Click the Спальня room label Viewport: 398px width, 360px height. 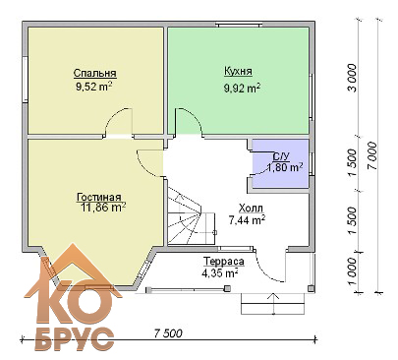[95, 73]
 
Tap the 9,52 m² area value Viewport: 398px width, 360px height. [94, 87]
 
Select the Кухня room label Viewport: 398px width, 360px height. [238, 71]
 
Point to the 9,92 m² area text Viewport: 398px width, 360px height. [243, 88]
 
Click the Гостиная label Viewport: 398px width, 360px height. [99, 197]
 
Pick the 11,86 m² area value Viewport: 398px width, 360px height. [103, 208]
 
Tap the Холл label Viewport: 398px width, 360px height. [251, 208]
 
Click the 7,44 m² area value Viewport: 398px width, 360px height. [247, 220]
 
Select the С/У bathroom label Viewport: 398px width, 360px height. [280, 156]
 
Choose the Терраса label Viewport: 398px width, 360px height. [224, 262]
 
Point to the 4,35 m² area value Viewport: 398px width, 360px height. [220, 272]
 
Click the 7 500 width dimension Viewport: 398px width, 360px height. [168, 333]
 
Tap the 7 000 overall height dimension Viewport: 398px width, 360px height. [371, 155]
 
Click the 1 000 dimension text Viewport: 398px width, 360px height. [352, 271]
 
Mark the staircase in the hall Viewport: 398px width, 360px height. [191, 216]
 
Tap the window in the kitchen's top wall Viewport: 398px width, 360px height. [240, 24]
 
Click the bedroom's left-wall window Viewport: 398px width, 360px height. [25, 80]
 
